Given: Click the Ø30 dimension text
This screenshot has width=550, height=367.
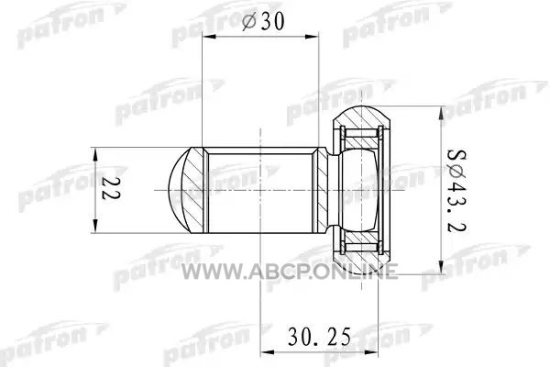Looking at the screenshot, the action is click(x=263, y=21).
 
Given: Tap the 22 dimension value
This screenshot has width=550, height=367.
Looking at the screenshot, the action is click(x=111, y=188).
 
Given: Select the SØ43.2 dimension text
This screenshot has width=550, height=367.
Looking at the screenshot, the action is click(x=456, y=191).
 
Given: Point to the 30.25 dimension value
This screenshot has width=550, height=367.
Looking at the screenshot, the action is click(x=319, y=337).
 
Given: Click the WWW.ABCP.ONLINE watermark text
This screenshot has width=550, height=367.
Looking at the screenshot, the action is click(x=290, y=272).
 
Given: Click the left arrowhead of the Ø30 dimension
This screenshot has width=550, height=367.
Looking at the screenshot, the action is click(x=209, y=36).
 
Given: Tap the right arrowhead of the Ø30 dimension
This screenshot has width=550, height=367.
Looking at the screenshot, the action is click(x=312, y=36).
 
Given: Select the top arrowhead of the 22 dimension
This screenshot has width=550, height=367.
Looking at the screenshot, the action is click(x=94, y=154).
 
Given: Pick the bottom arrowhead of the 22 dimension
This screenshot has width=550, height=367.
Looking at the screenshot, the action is click(x=94, y=227).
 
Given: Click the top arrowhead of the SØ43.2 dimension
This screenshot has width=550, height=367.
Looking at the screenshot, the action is click(x=441, y=112).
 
